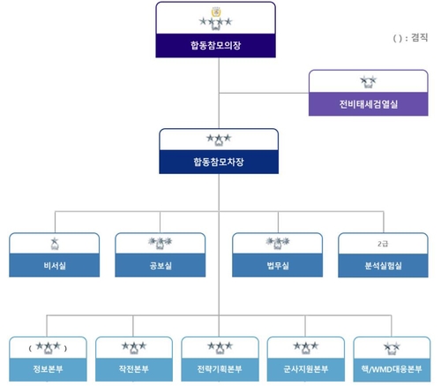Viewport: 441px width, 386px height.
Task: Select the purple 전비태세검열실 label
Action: coord(369,104)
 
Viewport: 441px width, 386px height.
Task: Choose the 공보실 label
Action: coord(160,265)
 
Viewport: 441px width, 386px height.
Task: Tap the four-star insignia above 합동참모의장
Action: coord(215,20)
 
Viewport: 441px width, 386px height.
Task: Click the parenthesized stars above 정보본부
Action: coord(48,346)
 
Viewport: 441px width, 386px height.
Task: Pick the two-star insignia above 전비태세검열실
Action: coord(369,81)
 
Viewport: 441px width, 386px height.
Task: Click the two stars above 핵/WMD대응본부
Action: coord(392,346)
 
